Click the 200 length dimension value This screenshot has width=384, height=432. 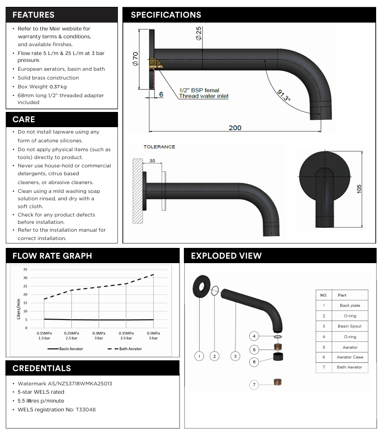[235, 128]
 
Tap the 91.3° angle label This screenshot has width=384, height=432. [284, 95]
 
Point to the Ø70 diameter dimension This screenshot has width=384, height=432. [135, 59]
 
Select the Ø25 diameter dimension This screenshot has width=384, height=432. [199, 33]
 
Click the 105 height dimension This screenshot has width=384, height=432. [358, 189]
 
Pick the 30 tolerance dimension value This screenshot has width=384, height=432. [152, 161]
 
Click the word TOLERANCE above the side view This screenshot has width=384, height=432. [159, 147]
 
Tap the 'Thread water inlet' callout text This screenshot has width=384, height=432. [204, 96]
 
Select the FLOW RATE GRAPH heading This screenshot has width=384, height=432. [52, 256]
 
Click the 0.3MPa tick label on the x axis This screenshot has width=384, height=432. [99, 333]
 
